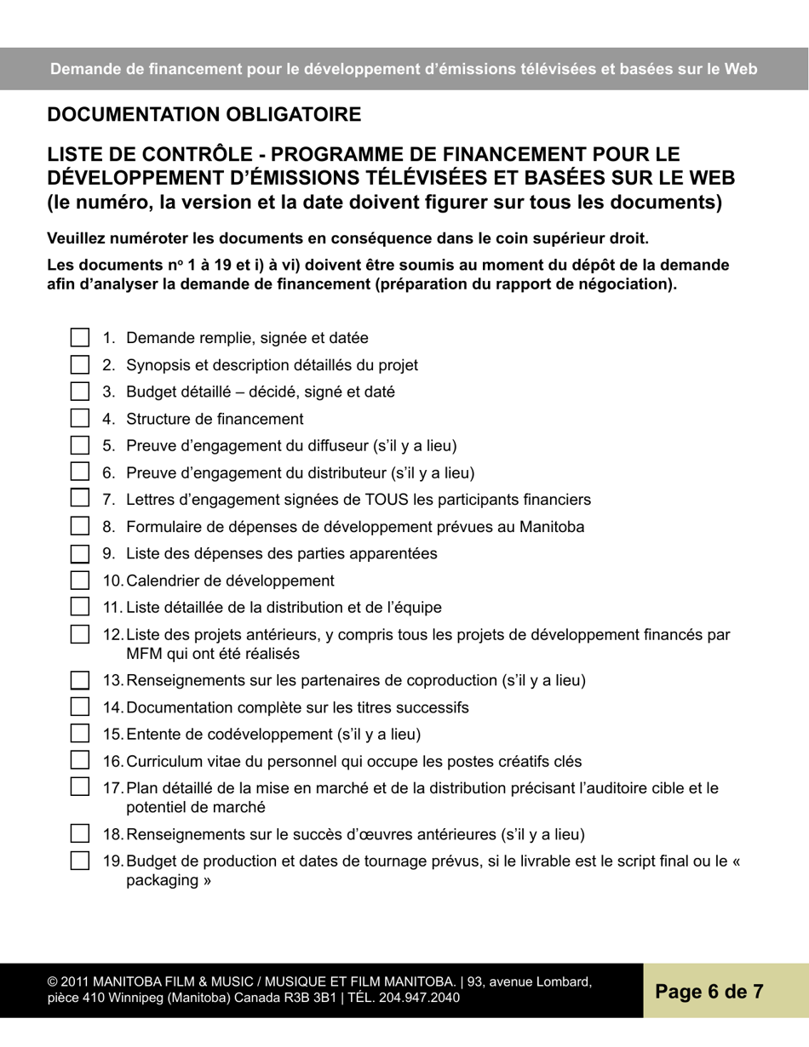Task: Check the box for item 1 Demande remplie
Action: click(x=79, y=338)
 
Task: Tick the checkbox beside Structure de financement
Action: click(x=79, y=418)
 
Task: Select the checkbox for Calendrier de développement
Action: click(x=79, y=581)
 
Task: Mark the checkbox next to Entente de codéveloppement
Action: click(x=79, y=734)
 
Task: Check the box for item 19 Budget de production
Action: click(x=79, y=861)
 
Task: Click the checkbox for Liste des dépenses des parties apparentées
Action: click(x=79, y=553)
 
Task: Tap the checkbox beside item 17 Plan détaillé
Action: click(x=79, y=787)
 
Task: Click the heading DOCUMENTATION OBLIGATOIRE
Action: click(x=204, y=114)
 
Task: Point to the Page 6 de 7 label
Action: click(x=709, y=991)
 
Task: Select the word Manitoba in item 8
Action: click(x=552, y=527)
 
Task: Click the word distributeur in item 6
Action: click(x=337, y=472)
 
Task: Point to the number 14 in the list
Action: click(x=112, y=707)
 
